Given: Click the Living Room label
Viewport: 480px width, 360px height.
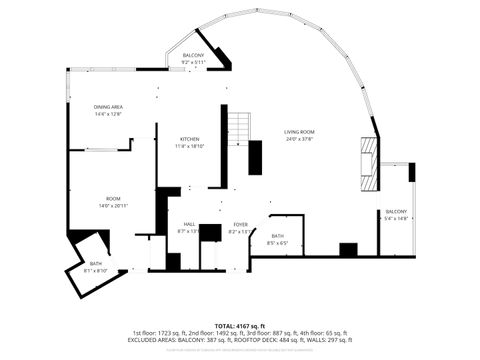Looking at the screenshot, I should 299,132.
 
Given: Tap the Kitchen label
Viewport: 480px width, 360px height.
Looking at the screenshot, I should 189,139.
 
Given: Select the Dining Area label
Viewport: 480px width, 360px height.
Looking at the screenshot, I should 108,107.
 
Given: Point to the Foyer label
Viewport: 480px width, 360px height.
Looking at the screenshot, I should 241,224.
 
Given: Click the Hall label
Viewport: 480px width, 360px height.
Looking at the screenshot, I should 189,224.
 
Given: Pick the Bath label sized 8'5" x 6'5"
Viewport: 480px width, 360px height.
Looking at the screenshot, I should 277,236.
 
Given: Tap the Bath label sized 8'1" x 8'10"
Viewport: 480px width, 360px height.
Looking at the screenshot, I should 95,263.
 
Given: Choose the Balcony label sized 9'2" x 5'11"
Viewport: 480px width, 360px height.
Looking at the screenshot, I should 193,55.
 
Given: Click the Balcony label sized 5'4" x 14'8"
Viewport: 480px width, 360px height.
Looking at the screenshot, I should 396,211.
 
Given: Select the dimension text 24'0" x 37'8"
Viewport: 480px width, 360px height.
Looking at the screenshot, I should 299,140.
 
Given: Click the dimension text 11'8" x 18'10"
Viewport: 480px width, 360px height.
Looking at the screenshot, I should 189,147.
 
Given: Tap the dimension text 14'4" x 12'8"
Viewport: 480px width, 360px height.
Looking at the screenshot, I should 108,114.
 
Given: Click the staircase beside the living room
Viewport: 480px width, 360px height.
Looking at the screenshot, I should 238,128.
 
